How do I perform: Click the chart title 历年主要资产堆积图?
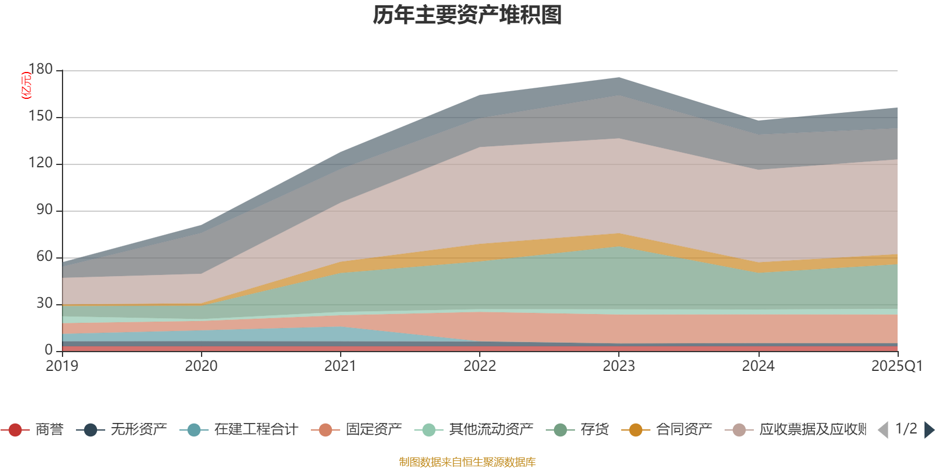pos(467,15)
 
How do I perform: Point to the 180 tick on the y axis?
pos(40,70)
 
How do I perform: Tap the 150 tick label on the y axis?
pos(40,116)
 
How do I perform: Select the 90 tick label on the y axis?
pos(44,210)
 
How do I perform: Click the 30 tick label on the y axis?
pos(44,304)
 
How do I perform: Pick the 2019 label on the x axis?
pos(62,366)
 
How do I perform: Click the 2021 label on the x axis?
pos(340,366)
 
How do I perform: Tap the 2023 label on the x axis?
pos(619,366)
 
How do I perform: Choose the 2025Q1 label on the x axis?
pos(896,366)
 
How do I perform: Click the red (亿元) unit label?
pos(26,85)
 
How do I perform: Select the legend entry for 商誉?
pos(35,430)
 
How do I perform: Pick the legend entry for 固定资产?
pos(358,430)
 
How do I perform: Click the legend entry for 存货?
pos(579,430)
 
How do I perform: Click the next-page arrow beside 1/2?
pos(929,430)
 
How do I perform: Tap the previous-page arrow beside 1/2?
pos(883,430)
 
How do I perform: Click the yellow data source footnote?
pos(467,462)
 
